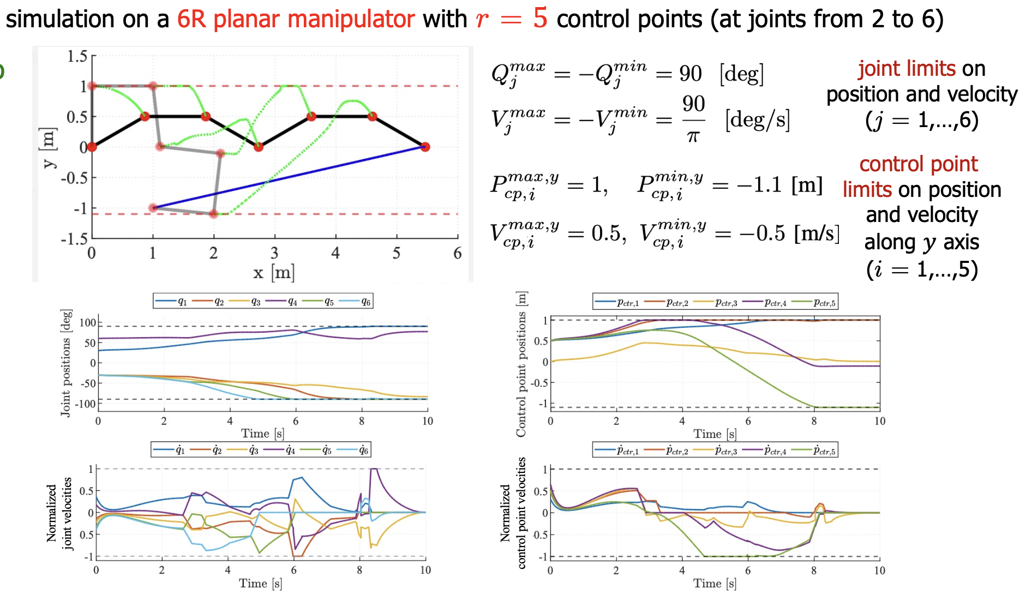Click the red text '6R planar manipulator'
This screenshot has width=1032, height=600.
pyautogui.click(x=296, y=19)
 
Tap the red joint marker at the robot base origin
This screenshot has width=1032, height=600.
pyautogui.click(x=92, y=147)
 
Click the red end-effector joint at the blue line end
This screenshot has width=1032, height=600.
pyautogui.click(x=425, y=147)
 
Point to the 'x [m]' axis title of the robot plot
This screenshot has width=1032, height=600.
pyautogui.click(x=274, y=272)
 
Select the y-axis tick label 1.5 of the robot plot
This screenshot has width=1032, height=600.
pyautogui.click(x=77, y=56)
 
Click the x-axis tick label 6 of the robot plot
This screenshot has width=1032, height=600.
pyautogui.click(x=457, y=253)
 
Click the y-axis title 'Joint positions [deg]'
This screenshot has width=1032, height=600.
pyautogui.click(x=65, y=363)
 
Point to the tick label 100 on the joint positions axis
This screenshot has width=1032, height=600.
pyautogui.click(x=87, y=323)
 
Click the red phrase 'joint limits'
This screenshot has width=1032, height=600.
pyautogui.click(x=907, y=69)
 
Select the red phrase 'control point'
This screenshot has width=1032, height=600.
pyautogui.click(x=919, y=164)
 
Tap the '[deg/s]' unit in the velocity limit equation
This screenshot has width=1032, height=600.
pyautogui.click(x=757, y=119)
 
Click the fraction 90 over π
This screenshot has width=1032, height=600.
pyautogui.click(x=693, y=119)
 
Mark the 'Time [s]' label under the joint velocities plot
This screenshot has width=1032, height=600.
pyautogui.click(x=261, y=584)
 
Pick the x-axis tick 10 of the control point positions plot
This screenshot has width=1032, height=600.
pyautogui.click(x=880, y=421)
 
